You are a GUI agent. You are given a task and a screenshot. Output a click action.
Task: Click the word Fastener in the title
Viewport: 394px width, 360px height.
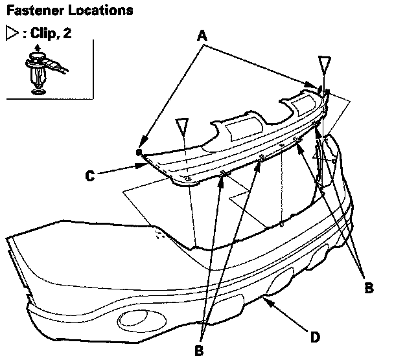30,11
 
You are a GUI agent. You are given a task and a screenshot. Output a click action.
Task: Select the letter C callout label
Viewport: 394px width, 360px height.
91,173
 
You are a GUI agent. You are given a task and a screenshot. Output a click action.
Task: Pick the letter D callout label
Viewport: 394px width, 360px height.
314,337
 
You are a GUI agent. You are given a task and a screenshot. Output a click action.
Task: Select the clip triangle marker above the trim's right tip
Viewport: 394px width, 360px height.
325,65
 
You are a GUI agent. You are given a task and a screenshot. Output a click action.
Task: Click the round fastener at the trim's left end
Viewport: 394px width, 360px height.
139,152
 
